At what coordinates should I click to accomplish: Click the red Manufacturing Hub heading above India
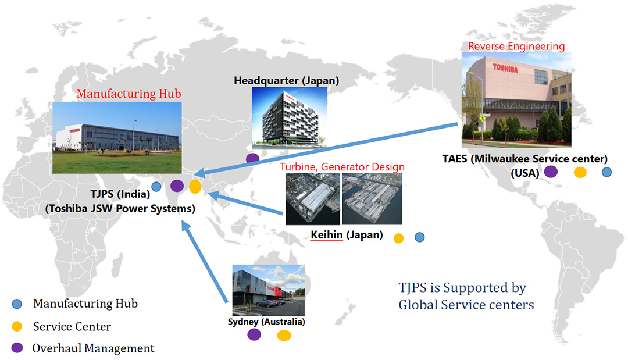pos(129,93)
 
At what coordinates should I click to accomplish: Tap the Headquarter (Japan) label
pos(286,80)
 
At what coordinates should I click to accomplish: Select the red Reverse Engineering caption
pos(516,47)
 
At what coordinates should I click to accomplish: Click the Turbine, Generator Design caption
pos(342,166)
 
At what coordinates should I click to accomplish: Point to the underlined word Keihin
pos(327,234)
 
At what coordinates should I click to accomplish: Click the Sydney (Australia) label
pos(266,322)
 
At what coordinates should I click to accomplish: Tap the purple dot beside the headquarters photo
pos(252,158)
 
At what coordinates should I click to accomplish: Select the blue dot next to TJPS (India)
pos(156,186)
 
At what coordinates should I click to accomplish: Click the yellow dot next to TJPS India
pos(195,187)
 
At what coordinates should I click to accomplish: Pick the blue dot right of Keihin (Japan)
pos(419,237)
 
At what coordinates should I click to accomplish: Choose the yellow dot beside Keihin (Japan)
pos(398,238)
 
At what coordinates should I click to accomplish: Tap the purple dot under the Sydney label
pos(254,334)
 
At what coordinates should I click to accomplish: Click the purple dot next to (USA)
pos(551,172)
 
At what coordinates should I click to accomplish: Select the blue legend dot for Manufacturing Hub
pos(17,304)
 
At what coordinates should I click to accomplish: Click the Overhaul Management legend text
pos(93,348)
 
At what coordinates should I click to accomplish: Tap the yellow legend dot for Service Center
pos(17,326)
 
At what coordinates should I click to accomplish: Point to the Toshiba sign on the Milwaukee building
pos(505,69)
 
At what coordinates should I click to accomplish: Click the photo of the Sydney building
pos(268,290)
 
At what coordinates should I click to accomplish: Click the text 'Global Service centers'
pos(466,305)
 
